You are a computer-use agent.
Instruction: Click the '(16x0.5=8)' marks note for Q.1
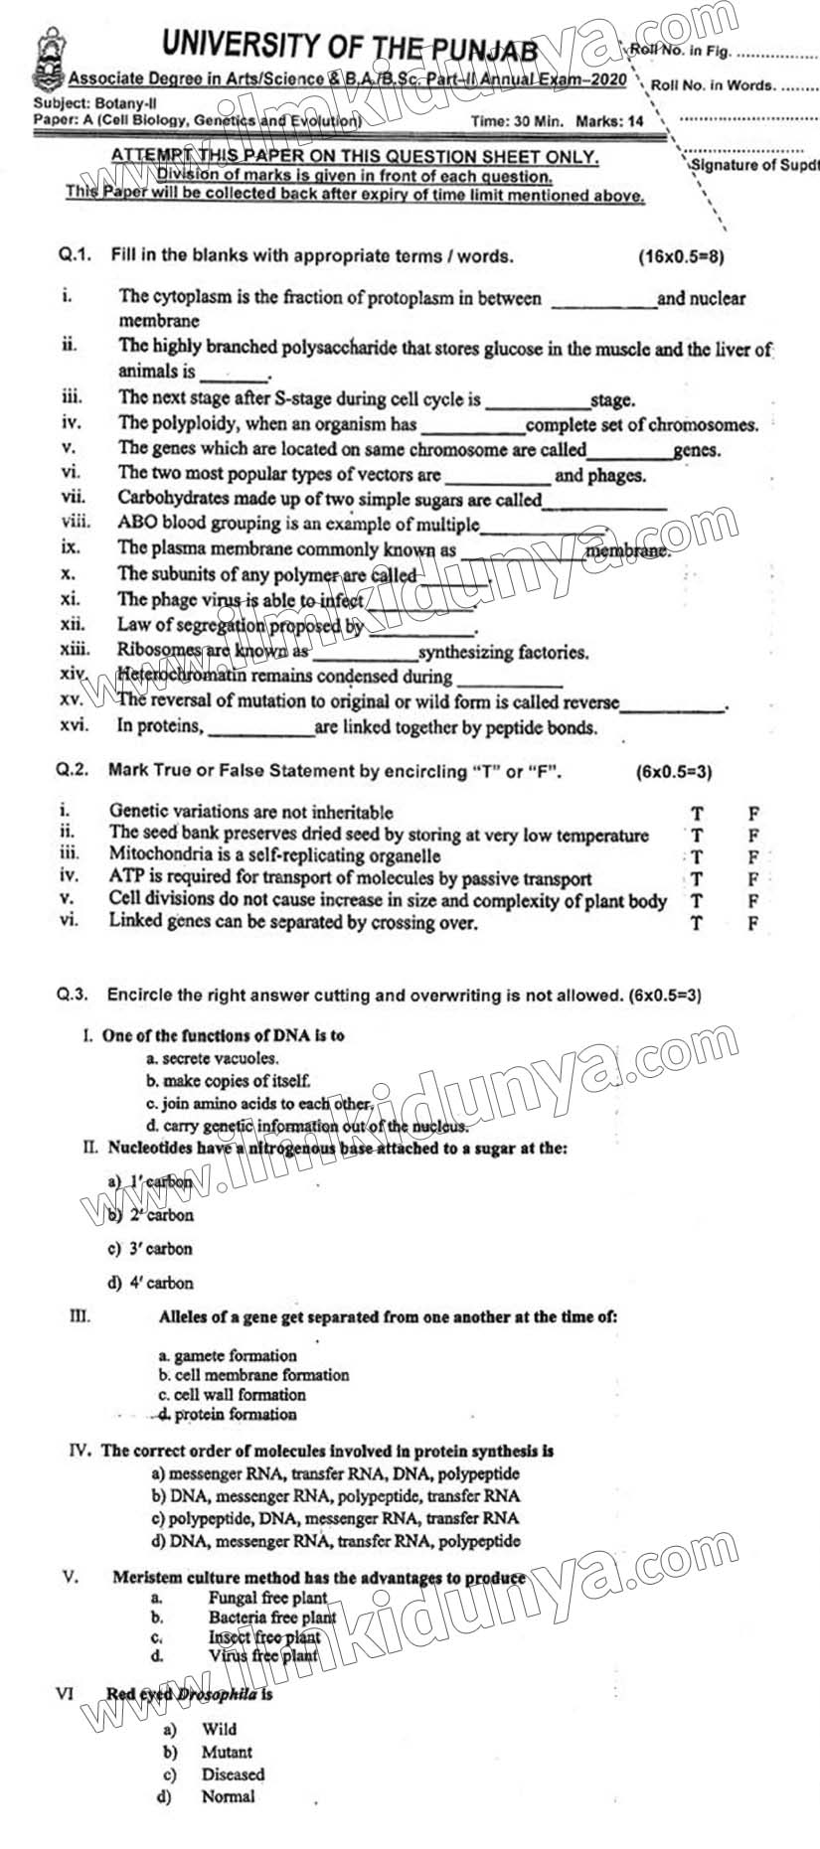click(681, 256)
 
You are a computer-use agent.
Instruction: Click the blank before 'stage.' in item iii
click(538, 401)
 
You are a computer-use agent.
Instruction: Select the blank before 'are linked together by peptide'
click(260, 729)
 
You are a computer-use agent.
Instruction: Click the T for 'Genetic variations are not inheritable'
click(697, 814)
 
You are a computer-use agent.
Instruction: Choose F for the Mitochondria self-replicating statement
click(753, 856)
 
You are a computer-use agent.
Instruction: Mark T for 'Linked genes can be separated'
click(697, 923)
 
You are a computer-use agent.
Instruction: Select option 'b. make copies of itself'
click(229, 1080)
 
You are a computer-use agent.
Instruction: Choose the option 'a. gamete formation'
click(228, 1355)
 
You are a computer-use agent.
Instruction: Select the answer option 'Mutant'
click(227, 1752)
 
